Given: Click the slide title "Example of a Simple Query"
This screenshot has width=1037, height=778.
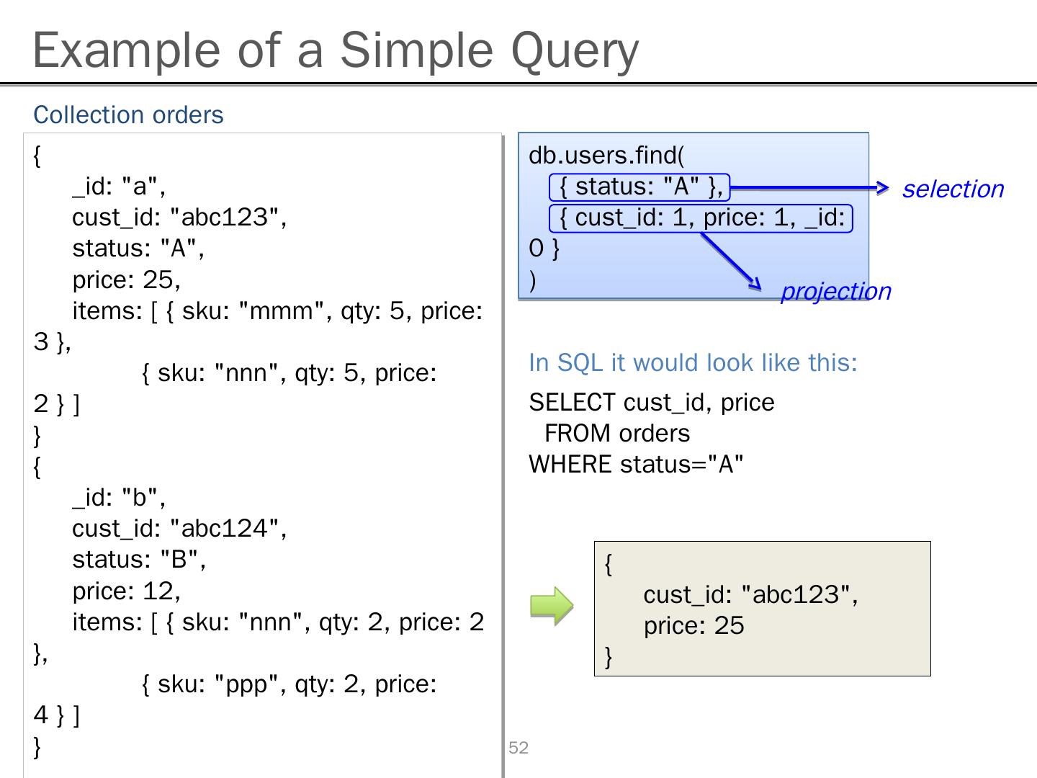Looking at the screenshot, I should [336, 50].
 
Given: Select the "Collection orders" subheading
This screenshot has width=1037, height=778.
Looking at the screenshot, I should [128, 115].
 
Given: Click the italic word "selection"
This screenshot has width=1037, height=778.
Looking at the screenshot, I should [952, 189].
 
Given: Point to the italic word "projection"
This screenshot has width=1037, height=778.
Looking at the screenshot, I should [835, 291].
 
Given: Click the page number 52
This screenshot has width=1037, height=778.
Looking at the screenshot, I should [518, 748].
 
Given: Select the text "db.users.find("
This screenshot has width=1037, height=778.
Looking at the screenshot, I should [606, 155].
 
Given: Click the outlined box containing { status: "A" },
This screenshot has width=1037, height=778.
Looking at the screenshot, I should [639, 187].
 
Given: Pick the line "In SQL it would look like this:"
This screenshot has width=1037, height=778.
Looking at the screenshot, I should [693, 362].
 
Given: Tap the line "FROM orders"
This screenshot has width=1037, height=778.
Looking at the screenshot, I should [617, 433].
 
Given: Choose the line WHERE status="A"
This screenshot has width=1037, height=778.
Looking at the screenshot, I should [636, 464].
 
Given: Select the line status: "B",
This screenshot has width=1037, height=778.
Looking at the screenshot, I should [139, 560].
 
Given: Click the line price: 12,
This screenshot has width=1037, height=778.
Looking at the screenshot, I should [126, 591].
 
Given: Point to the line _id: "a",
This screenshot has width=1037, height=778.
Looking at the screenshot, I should [119, 186].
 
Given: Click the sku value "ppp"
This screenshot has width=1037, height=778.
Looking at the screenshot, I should [246, 684].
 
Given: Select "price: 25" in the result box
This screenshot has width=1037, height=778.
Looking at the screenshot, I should [693, 625].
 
